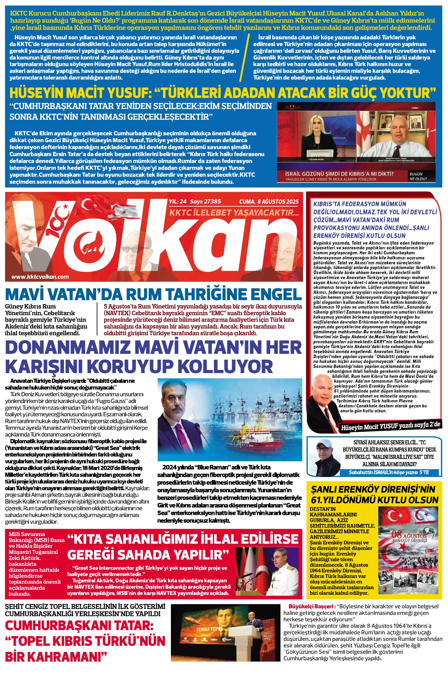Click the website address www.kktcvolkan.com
(x=40, y=277)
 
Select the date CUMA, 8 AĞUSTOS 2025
(x=269, y=202)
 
